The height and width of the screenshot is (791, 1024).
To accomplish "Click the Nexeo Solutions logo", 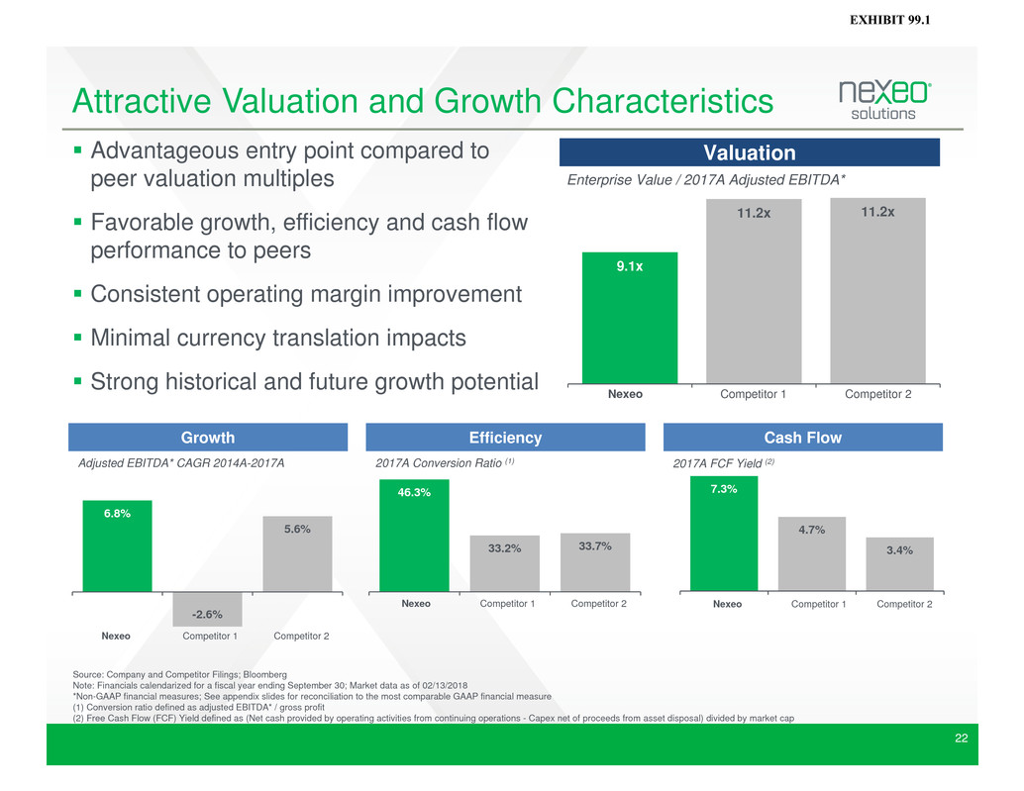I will pyautogui.click(x=884, y=100).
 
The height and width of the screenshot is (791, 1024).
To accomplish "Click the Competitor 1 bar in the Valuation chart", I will pyautogui.click(x=753, y=291).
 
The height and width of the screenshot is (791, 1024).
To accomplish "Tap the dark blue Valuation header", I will pyautogui.click(x=749, y=152).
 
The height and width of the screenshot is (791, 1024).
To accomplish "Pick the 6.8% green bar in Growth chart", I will pyautogui.click(x=117, y=545).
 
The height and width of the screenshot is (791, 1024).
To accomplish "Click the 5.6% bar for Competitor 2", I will pyautogui.click(x=297, y=553).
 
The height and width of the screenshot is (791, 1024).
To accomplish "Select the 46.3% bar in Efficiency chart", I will pyautogui.click(x=414, y=535).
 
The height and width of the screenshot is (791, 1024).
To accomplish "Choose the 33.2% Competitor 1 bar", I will pyautogui.click(x=505, y=562).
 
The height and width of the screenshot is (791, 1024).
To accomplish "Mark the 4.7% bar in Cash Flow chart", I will pyautogui.click(x=812, y=553).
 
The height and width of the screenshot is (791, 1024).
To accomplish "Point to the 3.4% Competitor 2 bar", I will pyautogui.click(x=899, y=563).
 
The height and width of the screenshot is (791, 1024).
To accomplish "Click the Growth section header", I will pyautogui.click(x=208, y=438).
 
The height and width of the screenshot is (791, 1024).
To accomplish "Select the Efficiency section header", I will pyautogui.click(x=505, y=438).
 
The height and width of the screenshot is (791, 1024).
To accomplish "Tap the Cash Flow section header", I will pyautogui.click(x=802, y=438).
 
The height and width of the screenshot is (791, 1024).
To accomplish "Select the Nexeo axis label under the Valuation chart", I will pyautogui.click(x=625, y=394).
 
